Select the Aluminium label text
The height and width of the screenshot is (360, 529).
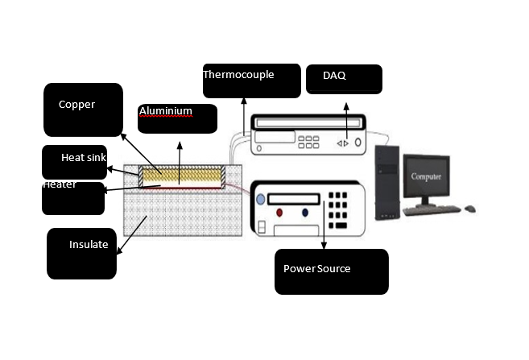click(165, 111)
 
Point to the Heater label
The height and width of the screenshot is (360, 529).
click(60, 184)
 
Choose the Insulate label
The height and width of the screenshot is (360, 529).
click(89, 245)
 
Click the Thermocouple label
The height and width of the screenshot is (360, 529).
click(238, 75)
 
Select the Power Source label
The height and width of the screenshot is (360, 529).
click(316, 268)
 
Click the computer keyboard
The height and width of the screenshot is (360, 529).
click(431, 210)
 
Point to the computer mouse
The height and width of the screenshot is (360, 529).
click(470, 209)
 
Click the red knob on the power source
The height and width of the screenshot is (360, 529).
click(279, 213)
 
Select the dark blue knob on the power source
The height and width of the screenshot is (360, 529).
click(305, 213)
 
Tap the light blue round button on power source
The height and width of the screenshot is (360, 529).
click(259, 199)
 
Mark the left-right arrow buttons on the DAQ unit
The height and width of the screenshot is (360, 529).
click(343, 143)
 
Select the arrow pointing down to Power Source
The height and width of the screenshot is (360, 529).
click(324, 226)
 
